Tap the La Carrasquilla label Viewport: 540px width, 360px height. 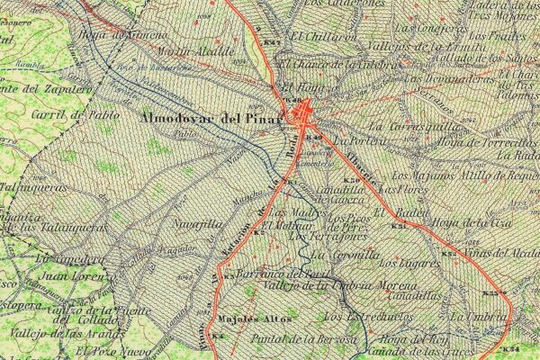point(402,128)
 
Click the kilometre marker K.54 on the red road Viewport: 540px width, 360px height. point(509,347)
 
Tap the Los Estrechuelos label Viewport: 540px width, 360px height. point(367,317)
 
